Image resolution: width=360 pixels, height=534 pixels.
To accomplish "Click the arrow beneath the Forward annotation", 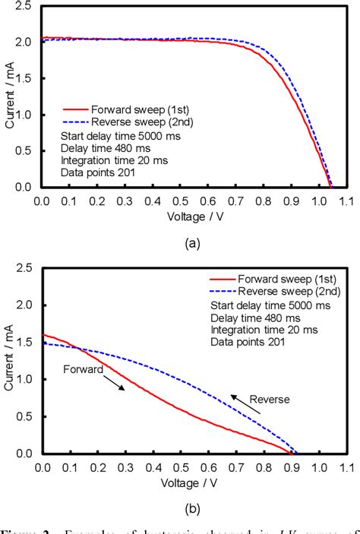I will [x=113, y=387].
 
